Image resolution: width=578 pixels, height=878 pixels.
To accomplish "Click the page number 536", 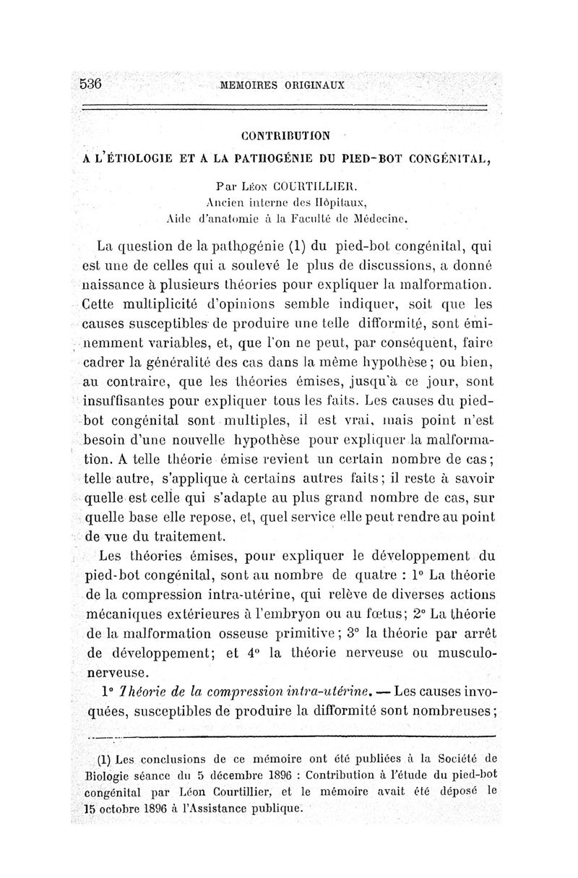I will coord(92,83).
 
